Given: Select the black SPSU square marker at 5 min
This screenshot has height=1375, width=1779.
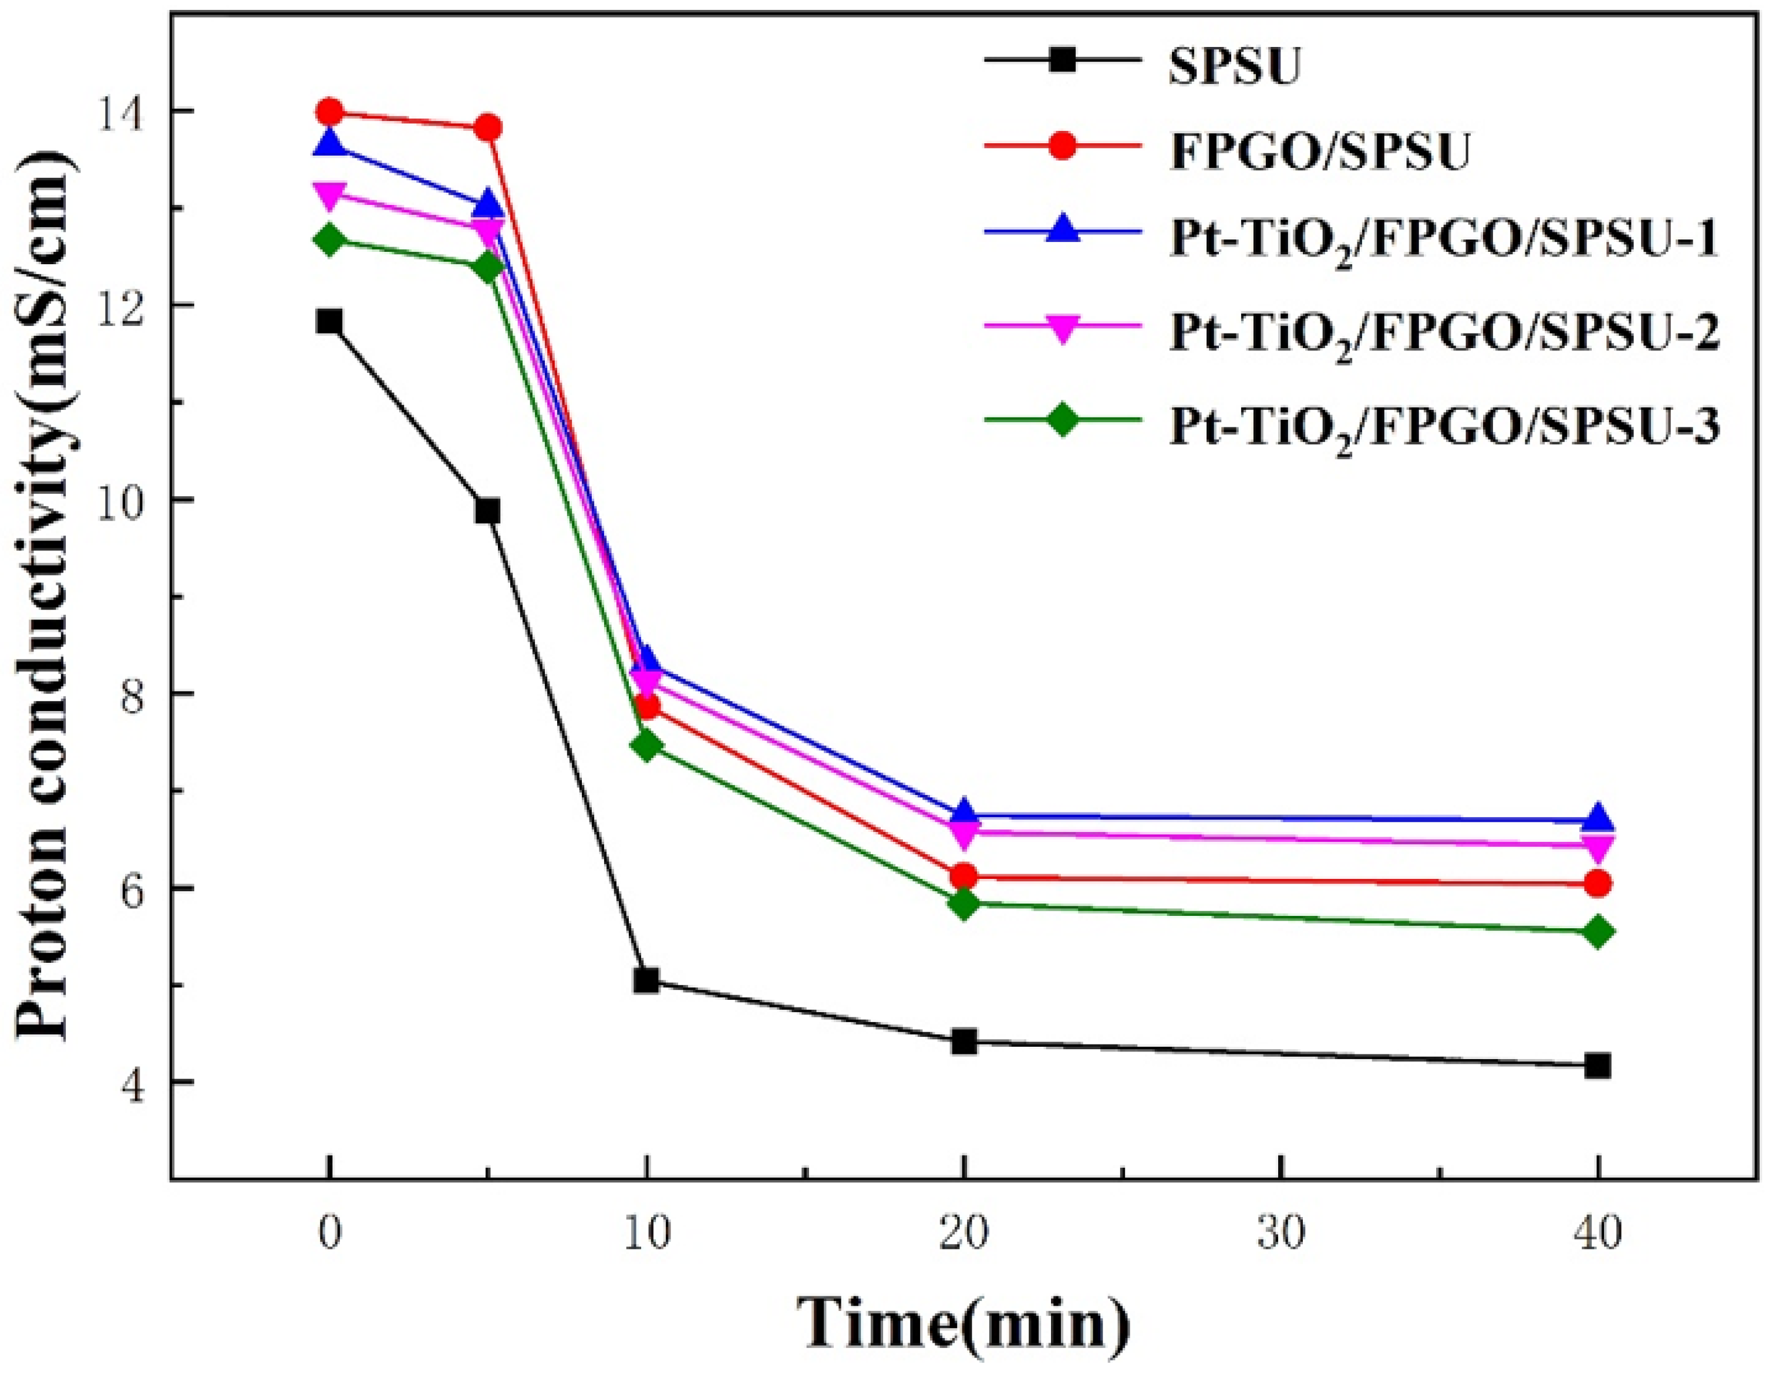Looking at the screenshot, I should [x=488, y=511].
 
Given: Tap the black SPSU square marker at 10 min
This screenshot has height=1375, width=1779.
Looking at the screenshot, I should [x=647, y=980].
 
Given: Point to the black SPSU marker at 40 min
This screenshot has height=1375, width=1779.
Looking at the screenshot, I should [x=1598, y=1066].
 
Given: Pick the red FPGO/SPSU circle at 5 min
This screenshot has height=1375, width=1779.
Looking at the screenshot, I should [x=488, y=128].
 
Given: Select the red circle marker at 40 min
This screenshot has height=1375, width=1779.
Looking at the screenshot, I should [x=1598, y=883].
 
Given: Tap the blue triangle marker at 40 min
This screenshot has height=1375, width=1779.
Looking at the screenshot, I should [x=1598, y=817].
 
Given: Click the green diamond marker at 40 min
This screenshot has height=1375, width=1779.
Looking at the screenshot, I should [x=1598, y=932].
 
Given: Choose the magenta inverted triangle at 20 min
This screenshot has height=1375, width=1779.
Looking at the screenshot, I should [x=963, y=833].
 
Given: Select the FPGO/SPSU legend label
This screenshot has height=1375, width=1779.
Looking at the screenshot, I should [x=1320, y=151].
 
